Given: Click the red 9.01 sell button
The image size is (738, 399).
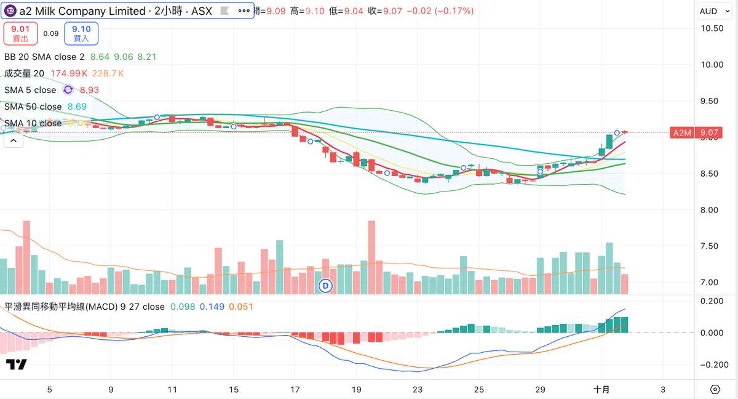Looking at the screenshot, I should [x=20, y=33].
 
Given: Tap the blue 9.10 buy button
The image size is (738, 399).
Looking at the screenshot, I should [x=81, y=33].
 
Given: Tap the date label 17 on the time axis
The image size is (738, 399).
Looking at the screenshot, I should [x=295, y=390].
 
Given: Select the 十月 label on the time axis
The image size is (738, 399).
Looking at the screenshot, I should [x=601, y=390].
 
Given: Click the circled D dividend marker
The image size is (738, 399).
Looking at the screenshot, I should [x=327, y=285].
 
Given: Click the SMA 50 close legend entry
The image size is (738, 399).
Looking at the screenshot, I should [x=33, y=107].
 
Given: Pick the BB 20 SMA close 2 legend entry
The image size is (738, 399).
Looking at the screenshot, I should [x=44, y=57].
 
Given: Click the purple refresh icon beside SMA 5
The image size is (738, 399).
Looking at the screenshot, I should [x=68, y=90].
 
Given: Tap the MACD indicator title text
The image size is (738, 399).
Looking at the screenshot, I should [x=84, y=307].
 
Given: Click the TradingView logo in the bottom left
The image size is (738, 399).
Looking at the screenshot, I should [x=17, y=365].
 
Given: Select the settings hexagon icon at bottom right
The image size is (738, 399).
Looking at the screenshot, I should [x=715, y=390].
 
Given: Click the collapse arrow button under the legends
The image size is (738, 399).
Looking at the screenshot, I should [x=14, y=140].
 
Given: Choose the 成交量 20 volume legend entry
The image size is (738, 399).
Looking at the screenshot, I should [x=24, y=73].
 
